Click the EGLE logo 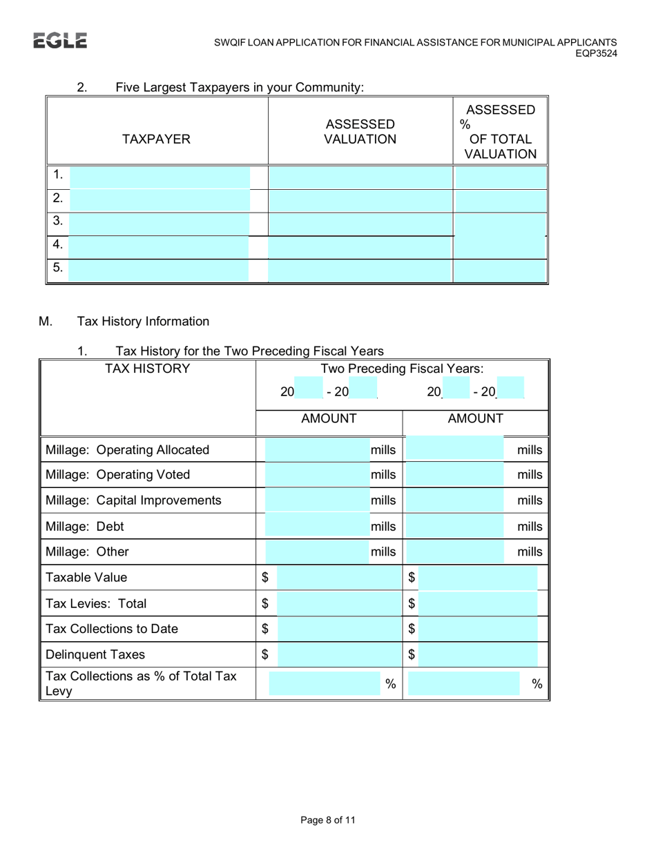click(60, 41)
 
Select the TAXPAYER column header click(156, 139)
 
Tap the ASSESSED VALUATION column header click(360, 131)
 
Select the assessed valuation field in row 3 click(360, 224)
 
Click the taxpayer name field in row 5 click(160, 270)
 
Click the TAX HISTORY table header click(146, 369)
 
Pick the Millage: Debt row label click(85, 527)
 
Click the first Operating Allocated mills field click(316, 451)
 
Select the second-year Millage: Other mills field click(455, 552)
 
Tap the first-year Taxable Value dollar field click(334, 577)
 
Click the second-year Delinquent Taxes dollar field click(478, 654)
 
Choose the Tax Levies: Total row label click(96, 603)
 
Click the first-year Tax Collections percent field click(322, 683)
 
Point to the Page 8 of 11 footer click(328, 820)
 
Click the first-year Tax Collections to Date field click(334, 629)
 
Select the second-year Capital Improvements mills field click(455, 500)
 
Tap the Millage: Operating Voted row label click(117, 475)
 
